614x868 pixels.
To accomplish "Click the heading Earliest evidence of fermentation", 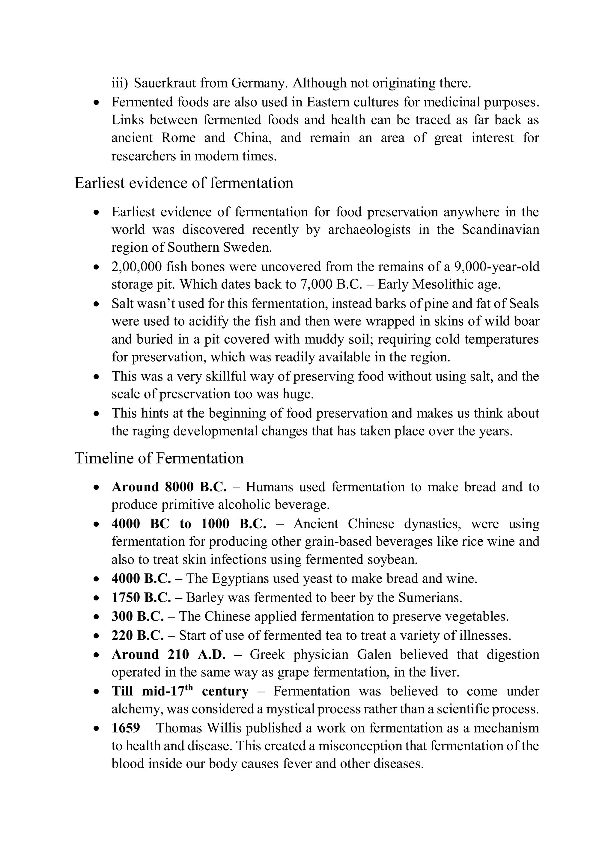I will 184,183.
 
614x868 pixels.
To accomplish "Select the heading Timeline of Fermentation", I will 159,458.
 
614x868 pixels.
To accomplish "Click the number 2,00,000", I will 137,267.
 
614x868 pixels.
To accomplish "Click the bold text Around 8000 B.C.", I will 169,487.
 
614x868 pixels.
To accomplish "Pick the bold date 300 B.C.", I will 138,616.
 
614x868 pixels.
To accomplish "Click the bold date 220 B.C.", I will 138,635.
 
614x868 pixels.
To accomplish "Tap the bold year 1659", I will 126,728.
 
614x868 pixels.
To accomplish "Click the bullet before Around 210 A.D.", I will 97,655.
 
